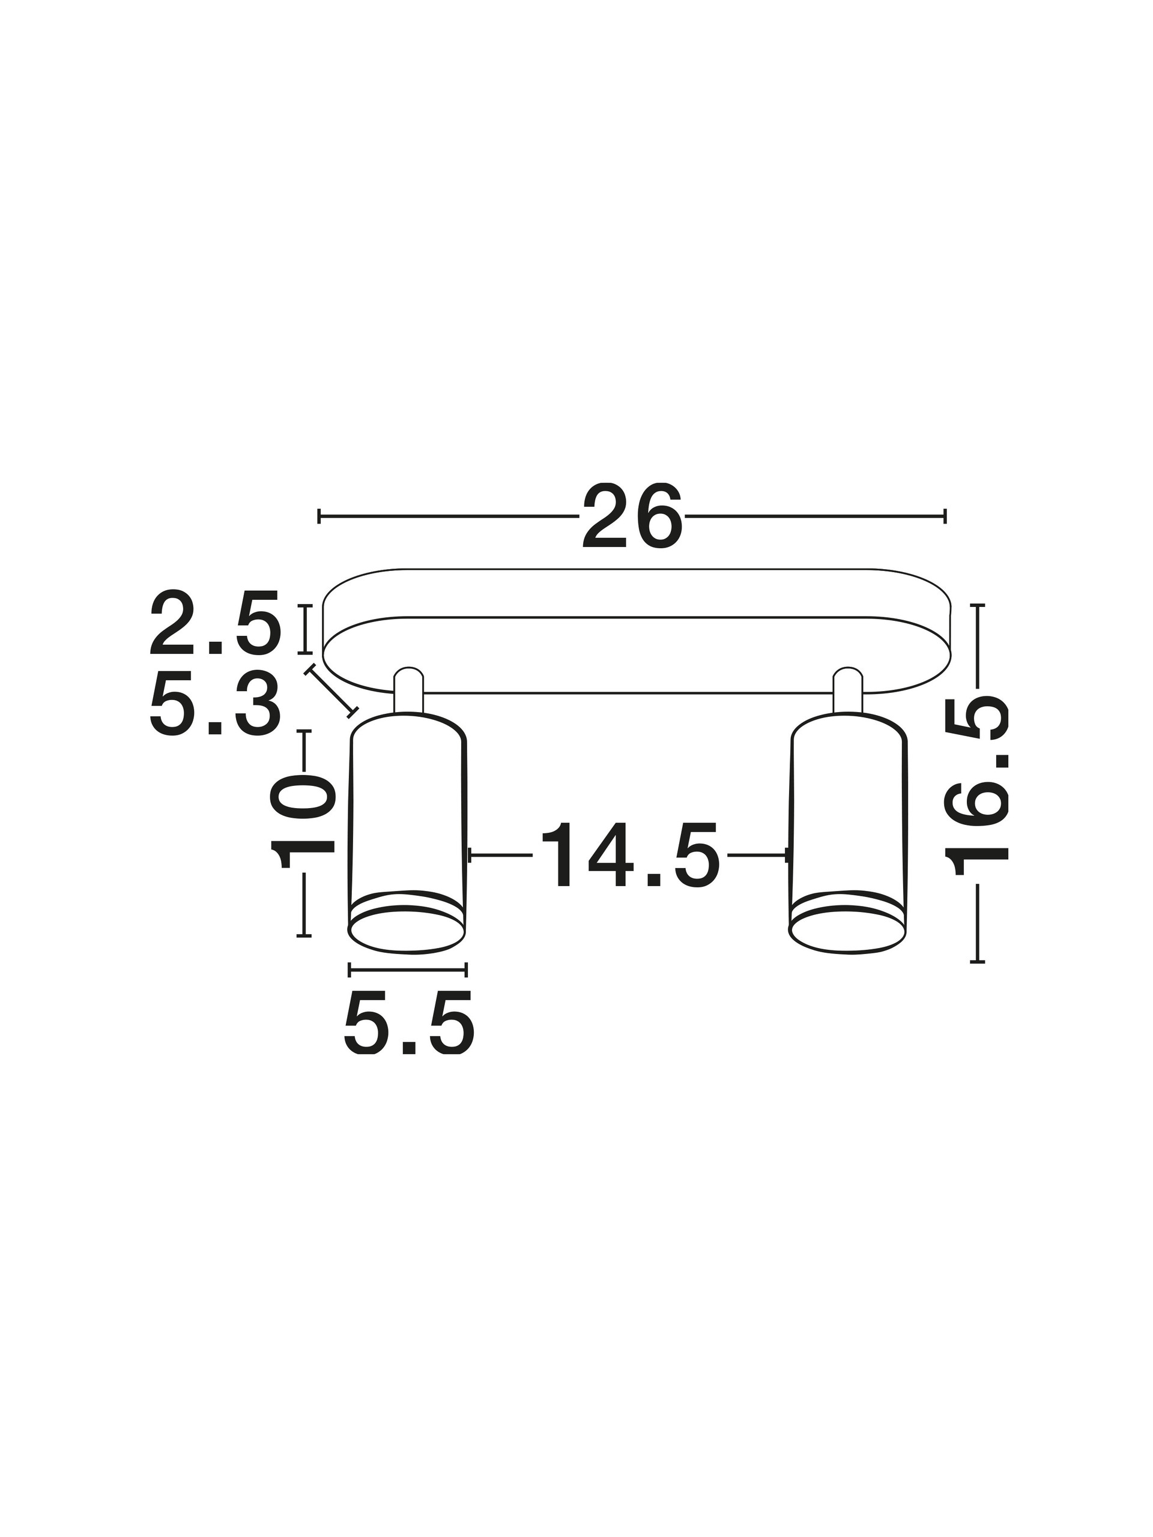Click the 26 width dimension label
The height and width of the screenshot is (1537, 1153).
click(632, 516)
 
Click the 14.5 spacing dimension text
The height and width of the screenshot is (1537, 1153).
click(629, 855)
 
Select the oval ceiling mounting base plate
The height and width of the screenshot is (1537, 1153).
click(636, 631)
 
